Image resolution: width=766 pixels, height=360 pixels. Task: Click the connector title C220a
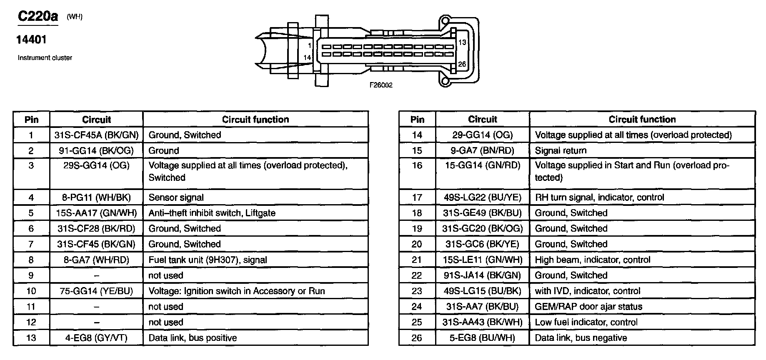tap(38, 16)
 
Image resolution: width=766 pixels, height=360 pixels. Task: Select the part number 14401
tap(31, 40)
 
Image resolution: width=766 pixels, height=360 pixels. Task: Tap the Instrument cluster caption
tap(45, 58)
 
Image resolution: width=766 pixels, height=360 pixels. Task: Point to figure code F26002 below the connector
tap(380, 85)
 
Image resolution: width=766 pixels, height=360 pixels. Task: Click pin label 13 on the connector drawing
tap(462, 42)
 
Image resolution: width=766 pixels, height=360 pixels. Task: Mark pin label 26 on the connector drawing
tap(462, 64)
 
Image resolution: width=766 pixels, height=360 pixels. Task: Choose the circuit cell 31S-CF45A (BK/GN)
tap(96, 135)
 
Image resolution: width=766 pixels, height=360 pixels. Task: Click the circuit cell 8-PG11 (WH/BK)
tap(96, 197)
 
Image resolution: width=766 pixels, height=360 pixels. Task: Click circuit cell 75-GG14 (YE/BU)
tap(96, 291)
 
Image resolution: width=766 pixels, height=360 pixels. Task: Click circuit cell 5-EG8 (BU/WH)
tap(482, 338)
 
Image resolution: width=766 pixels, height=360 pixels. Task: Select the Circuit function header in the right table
tap(642, 120)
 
